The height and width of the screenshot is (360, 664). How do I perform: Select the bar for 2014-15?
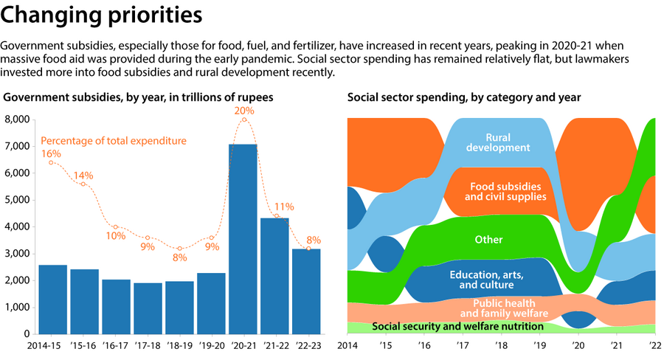[52, 299]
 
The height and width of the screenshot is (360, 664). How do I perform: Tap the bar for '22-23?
[306, 291]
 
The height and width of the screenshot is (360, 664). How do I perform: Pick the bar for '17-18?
[148, 308]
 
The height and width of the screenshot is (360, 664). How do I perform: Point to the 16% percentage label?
[51, 153]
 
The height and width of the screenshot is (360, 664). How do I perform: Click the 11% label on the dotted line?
[284, 207]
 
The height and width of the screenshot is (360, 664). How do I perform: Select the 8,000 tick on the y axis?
[17, 120]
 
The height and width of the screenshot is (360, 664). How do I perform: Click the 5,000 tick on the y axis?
[17, 200]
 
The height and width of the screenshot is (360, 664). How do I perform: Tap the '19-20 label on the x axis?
[211, 345]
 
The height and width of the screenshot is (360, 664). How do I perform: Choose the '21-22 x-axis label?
[274, 345]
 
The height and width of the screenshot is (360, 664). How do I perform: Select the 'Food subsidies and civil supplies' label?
[508, 192]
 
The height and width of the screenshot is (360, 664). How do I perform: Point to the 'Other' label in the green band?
[488, 240]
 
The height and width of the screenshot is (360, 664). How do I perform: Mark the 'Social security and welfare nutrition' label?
[457, 326]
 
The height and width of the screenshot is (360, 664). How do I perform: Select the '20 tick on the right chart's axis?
[578, 345]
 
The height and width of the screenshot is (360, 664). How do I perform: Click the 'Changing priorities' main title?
[103, 15]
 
